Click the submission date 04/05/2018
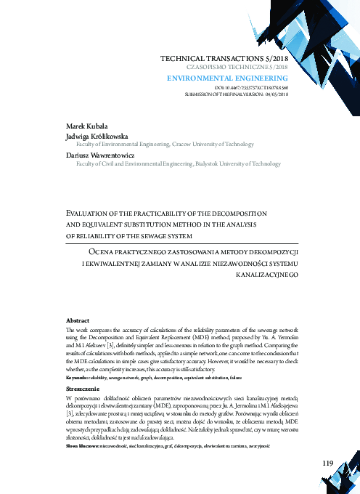(277, 94)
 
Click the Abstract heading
(77, 320)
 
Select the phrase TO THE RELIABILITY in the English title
(88, 235)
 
